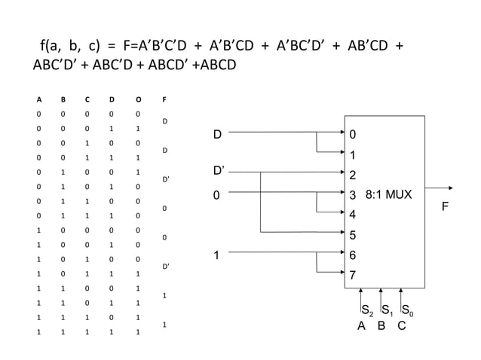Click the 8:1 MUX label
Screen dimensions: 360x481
388,194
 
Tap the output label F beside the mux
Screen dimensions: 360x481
444,204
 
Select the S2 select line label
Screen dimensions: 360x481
366,310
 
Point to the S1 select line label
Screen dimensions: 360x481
385,310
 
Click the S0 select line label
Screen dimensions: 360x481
406,310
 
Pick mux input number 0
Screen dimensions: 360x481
352,136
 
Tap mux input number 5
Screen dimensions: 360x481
352,235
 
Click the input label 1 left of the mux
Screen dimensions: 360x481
216,255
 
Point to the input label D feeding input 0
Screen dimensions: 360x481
217,135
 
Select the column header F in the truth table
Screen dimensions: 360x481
164,99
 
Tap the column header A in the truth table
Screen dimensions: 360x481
39,99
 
